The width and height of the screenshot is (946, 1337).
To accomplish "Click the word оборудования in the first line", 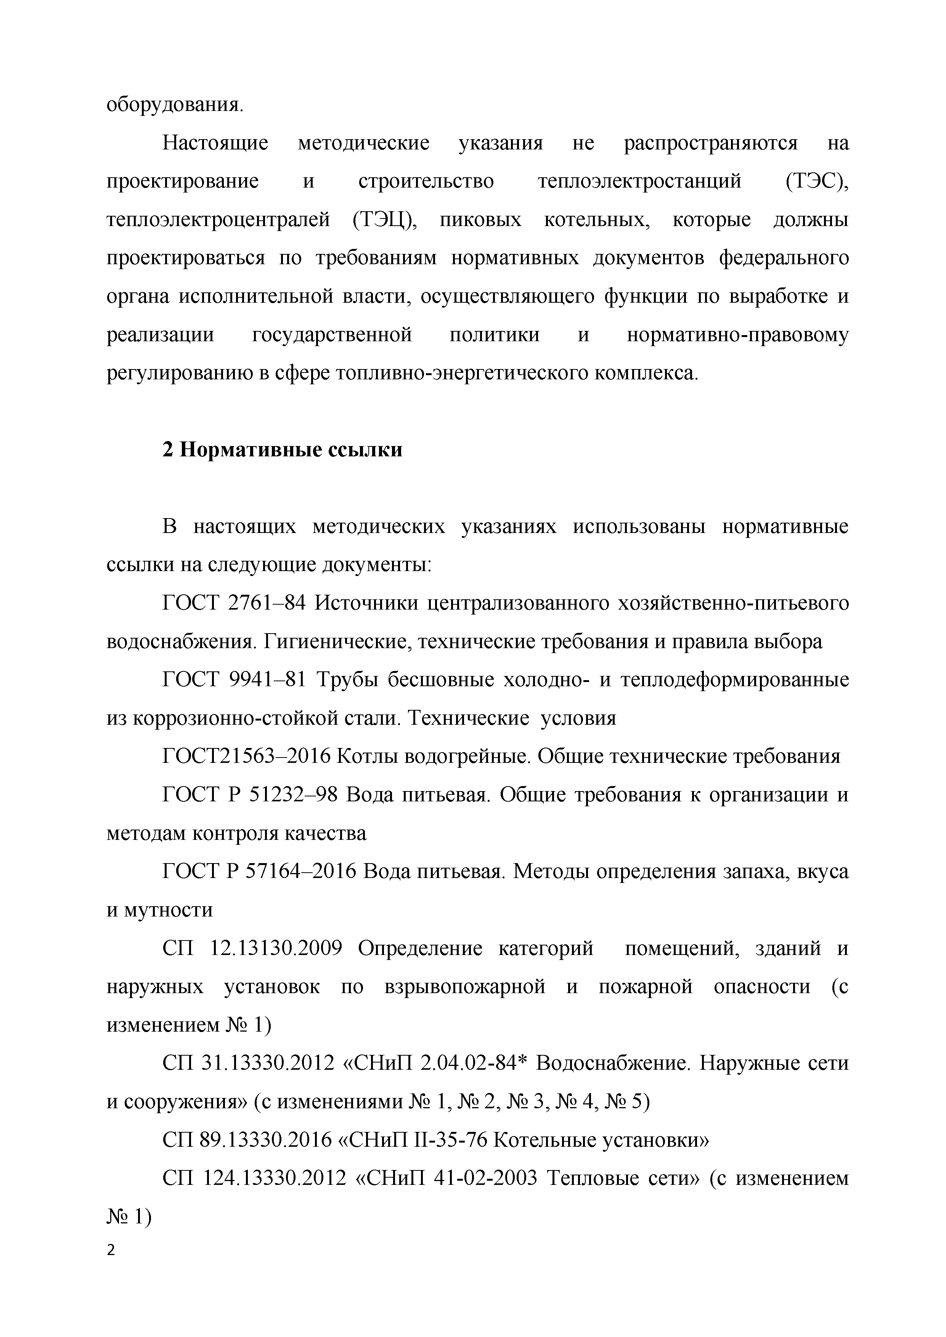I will click(x=173, y=105).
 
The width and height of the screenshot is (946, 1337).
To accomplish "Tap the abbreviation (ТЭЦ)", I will click(x=385, y=220).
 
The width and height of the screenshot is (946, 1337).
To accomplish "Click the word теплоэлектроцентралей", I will click(x=219, y=220).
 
